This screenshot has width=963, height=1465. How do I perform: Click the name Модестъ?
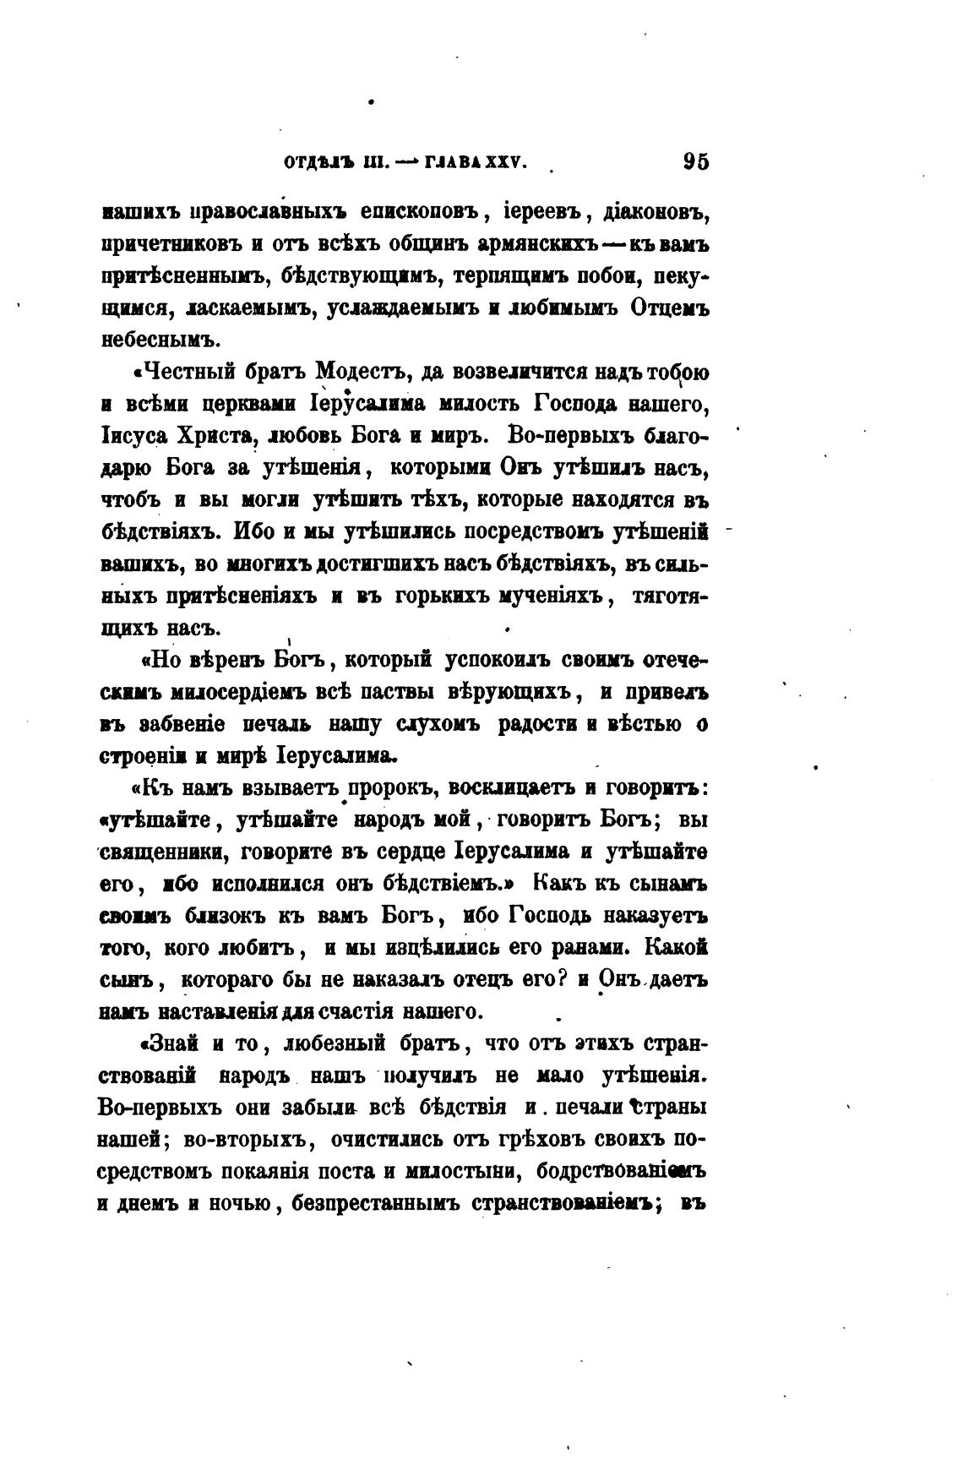[362, 373]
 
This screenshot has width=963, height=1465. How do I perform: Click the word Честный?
[189, 373]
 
